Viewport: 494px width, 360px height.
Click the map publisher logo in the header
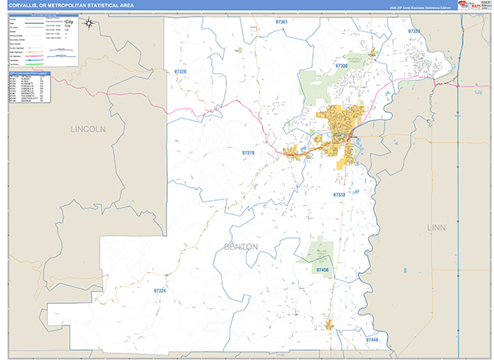[473, 5]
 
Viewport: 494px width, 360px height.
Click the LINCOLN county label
[88, 129]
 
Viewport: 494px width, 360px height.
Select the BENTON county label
[240, 246]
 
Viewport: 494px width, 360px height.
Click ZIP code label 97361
[282, 21]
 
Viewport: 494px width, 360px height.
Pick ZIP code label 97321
[413, 31]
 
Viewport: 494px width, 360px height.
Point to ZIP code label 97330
[343, 64]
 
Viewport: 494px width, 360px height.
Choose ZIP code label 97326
[180, 72]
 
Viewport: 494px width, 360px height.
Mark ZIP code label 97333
[339, 194]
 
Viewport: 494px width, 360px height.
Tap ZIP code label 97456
[322, 269]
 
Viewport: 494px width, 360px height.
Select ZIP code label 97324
[159, 291]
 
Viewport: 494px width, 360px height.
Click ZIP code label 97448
[372, 339]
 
